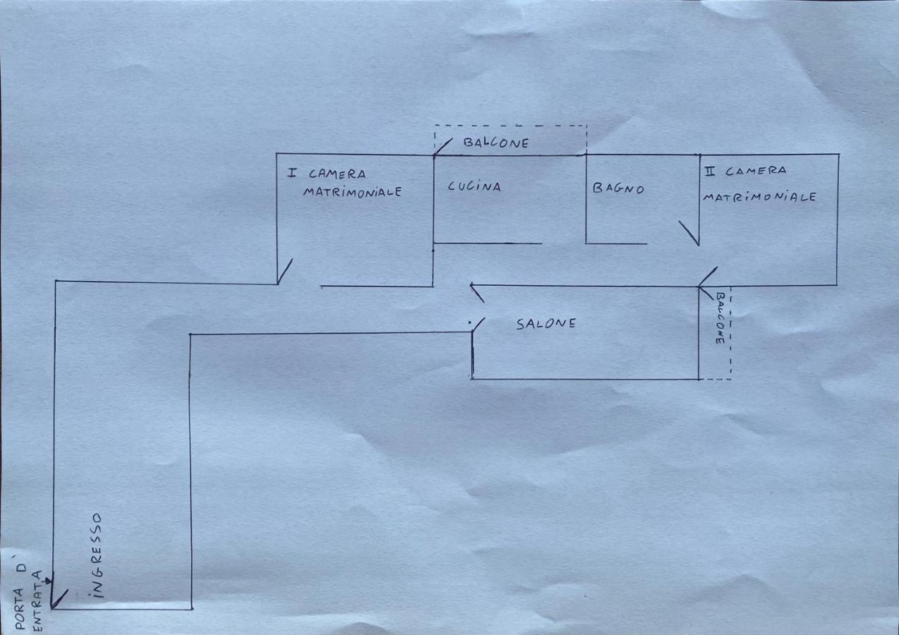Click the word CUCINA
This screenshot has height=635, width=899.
pos(474,187)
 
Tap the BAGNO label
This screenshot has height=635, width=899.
pos(618,188)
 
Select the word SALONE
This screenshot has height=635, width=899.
pos(546,324)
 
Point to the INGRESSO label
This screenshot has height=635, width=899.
pos(97,555)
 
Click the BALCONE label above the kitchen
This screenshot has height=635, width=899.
pos(496,143)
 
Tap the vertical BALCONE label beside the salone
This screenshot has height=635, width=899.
pos(720,318)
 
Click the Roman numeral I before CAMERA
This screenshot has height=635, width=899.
pos(293,173)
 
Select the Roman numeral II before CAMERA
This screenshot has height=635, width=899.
pos(710,171)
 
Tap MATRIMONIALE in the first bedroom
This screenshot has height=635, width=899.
pos(352,191)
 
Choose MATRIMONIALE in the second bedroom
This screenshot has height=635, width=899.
pos(760,197)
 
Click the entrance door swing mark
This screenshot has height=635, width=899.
pos(59,599)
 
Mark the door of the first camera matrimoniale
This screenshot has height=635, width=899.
pos(285,272)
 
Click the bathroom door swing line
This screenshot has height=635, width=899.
pos(689,234)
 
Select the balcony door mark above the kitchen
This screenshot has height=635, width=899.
pos(443,147)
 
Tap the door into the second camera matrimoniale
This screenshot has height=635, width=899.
pos(708,277)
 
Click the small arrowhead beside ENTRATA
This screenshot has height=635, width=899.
pos(48,581)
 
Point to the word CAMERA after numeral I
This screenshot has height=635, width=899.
pos(337,174)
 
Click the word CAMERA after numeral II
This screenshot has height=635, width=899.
pos(756,171)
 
